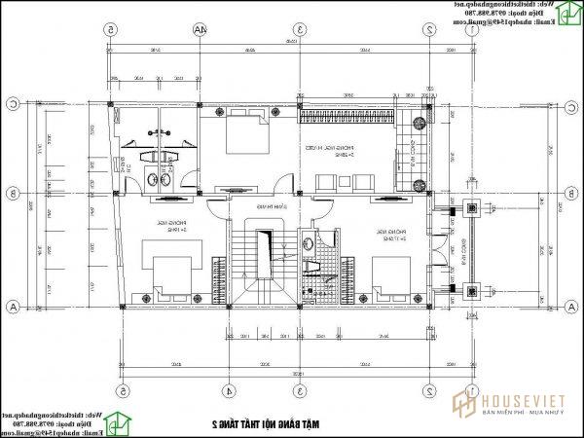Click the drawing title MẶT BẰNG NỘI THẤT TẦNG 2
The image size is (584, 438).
pos(269,424)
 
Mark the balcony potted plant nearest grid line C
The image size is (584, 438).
pos(420,123)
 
